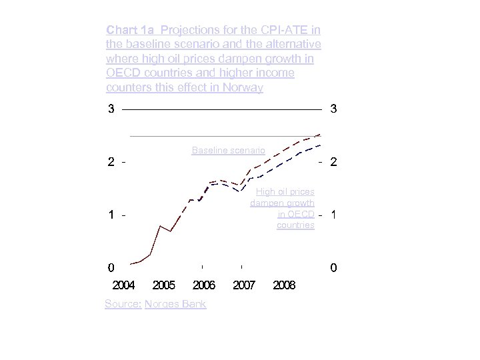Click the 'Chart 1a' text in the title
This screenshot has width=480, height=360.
131,30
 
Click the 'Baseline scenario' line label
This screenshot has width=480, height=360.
228,151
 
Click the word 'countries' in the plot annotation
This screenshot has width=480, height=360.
295,225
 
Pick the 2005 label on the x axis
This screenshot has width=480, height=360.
164,285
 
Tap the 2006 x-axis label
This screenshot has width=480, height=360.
204,285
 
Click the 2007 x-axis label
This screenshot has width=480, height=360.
244,285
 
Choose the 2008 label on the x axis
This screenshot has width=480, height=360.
284,285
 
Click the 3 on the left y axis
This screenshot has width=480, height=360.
111,109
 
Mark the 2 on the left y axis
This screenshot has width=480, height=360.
111,162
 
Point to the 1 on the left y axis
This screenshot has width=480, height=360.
111,215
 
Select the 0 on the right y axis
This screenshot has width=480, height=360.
333,268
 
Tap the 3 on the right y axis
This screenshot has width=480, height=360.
333,109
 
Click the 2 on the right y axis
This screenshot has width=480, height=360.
333,162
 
